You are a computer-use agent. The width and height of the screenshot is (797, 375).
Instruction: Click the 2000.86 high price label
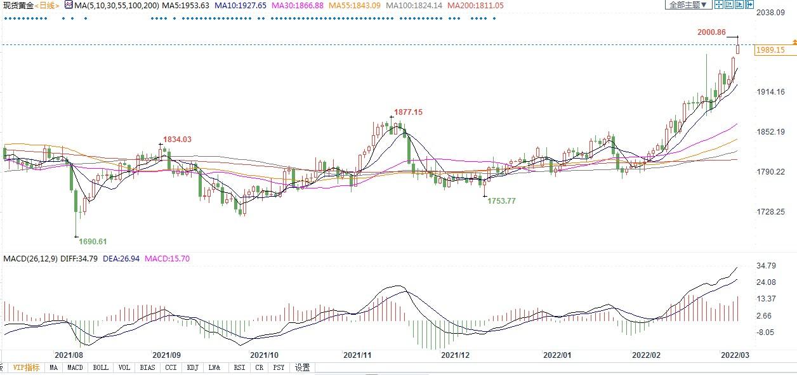tap(712, 32)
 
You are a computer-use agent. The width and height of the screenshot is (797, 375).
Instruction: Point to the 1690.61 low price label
tap(93, 242)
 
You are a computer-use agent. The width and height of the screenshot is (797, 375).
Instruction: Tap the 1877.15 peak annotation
tap(408, 112)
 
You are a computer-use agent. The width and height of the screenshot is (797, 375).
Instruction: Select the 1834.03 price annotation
tap(177, 140)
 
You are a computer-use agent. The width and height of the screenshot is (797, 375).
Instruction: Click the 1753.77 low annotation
tap(502, 201)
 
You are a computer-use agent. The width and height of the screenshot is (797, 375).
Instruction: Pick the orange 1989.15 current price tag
tap(771, 50)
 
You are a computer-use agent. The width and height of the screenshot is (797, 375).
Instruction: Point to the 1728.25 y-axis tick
tap(772, 212)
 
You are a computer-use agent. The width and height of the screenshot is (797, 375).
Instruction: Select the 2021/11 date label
tap(357, 355)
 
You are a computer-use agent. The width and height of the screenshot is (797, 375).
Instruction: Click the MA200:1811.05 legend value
tap(475, 5)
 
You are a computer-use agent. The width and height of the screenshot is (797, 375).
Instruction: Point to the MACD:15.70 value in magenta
tap(168, 259)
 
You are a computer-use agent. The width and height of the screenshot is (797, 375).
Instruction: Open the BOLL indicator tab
tap(100, 367)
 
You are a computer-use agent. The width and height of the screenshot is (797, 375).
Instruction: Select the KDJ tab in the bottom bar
tap(192, 367)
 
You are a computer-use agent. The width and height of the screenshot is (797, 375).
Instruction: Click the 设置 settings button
tap(303, 367)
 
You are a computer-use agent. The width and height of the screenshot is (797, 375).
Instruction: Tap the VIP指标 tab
tap(27, 367)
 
